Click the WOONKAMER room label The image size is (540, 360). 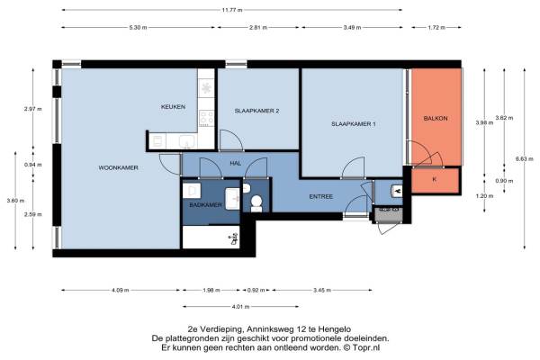point(118,167)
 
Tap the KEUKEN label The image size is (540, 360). point(173,107)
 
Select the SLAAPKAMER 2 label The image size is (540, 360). point(256,111)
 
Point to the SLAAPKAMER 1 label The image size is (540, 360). point(354,124)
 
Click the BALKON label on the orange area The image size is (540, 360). point(436,118)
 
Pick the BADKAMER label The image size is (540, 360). point(205,205)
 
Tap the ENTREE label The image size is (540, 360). point(321,197)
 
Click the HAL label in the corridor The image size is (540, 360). point(236,163)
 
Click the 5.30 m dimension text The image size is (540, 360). point(138,28)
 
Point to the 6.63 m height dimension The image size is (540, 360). point(525,158)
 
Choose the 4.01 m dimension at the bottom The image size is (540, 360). point(240,307)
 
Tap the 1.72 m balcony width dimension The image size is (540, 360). point(436,28)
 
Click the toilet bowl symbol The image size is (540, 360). point(256,203)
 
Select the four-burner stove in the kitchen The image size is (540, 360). point(206,118)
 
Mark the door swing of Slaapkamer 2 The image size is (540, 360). point(231,140)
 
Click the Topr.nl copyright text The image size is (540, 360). point(362,348)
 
